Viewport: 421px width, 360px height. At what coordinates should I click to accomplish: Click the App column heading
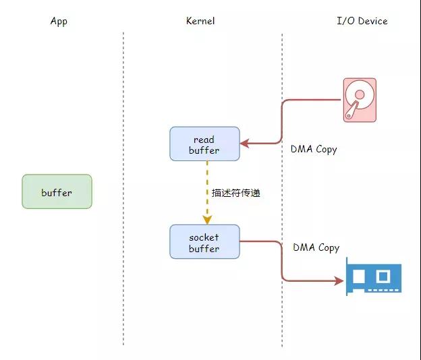click(59, 21)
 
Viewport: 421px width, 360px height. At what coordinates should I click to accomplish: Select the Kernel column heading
click(200, 21)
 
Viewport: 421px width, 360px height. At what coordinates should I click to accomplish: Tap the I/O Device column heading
click(362, 21)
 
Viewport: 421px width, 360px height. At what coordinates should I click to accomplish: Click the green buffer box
click(57, 191)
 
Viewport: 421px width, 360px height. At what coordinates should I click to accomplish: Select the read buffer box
click(204, 144)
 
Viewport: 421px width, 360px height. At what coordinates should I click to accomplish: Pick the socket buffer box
click(204, 242)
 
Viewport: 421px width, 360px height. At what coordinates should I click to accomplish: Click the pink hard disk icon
click(360, 100)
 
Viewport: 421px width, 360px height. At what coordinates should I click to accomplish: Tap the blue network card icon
click(374, 276)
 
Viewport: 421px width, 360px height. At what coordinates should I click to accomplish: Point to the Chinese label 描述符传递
click(235, 193)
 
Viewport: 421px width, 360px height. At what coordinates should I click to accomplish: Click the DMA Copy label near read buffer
click(314, 149)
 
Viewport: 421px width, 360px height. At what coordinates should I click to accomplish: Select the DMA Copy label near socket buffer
click(316, 247)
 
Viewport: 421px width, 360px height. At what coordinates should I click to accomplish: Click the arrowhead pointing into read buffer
click(245, 144)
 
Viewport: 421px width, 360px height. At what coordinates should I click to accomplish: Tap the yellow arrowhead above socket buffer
click(207, 220)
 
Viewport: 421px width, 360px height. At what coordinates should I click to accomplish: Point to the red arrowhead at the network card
click(339, 281)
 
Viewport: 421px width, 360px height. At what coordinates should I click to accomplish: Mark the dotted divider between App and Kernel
click(123, 189)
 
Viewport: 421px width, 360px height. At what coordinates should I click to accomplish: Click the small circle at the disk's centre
click(360, 94)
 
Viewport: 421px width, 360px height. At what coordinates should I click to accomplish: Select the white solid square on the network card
click(358, 276)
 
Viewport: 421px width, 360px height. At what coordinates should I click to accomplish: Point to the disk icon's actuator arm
click(352, 110)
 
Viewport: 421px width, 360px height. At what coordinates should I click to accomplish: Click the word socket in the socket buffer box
click(204, 237)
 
